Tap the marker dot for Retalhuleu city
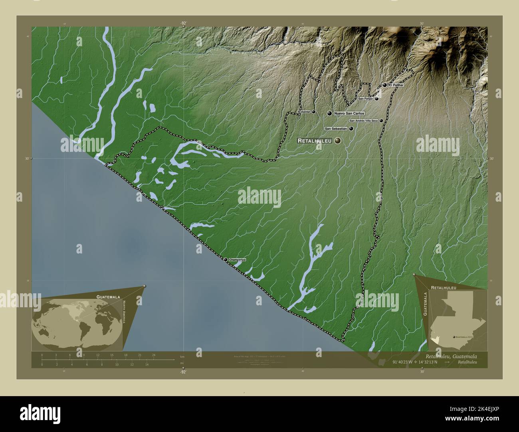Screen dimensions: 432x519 [339, 140]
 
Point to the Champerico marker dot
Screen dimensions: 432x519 [226, 260]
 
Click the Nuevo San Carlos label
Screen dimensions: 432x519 [349, 114]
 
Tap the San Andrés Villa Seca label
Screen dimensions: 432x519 [364, 120]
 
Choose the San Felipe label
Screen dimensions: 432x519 [365, 98]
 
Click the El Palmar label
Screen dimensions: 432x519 [396, 85]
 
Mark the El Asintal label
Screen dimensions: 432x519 [304, 112]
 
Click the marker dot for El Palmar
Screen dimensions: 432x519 [385, 85]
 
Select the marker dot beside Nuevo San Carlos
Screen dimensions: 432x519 [329, 114]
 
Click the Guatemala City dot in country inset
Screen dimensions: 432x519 [454, 337]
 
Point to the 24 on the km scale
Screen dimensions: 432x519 [153, 355]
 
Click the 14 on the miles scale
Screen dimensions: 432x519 [147, 364]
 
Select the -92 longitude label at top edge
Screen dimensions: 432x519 [183, 24]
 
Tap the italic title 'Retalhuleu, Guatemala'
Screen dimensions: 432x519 [451, 356]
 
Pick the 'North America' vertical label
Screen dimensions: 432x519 [124, 312]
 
